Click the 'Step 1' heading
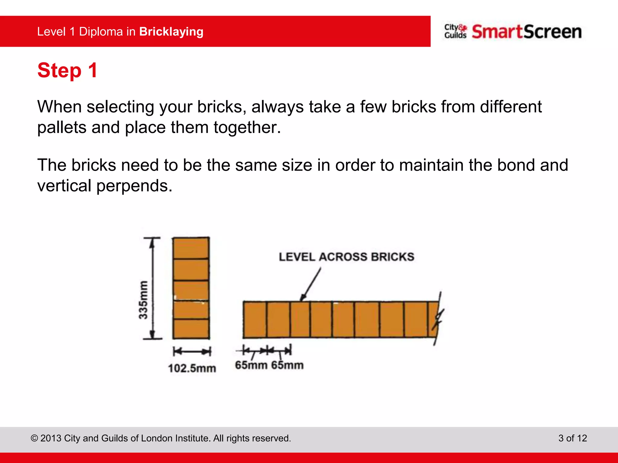tap(67, 71)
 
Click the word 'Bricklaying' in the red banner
tap(171, 32)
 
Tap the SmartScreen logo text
tap(527, 32)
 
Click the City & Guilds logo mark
tap(455, 31)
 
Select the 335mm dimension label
tap(143, 300)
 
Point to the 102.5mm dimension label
tap(192, 368)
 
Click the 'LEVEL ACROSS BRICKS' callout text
tap(346, 257)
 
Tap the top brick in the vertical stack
tap(191, 248)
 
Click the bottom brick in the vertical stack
tap(191, 329)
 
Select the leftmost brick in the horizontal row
tap(255, 320)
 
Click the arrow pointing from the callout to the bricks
tap(311, 284)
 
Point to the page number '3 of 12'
tap(572, 438)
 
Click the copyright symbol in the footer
tap(34, 438)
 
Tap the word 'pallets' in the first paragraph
tap(62, 128)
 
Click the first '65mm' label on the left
tap(251, 365)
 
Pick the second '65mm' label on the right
tap(287, 365)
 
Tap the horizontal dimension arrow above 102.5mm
tap(192, 351)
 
